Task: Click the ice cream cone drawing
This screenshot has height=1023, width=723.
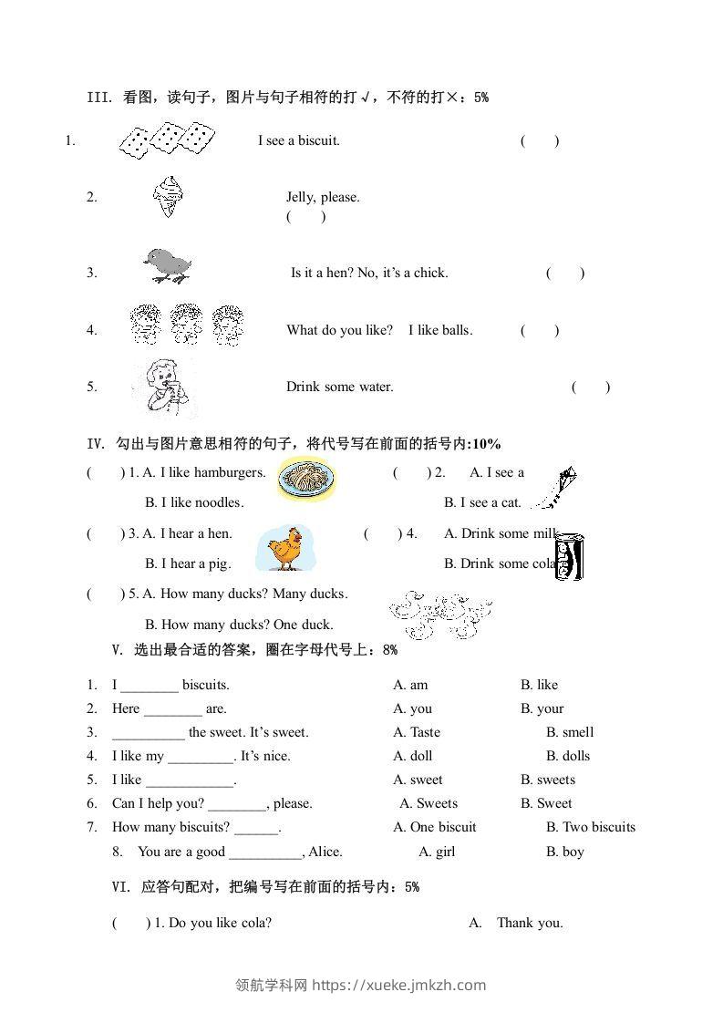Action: click(169, 196)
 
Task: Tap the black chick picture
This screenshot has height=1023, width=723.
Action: click(167, 265)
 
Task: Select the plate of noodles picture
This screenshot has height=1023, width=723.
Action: click(306, 480)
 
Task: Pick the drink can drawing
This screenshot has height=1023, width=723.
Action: click(570, 556)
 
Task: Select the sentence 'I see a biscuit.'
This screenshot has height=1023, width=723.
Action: click(299, 140)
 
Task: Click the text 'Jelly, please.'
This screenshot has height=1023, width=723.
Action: click(323, 197)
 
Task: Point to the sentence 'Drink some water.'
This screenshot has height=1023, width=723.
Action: click(340, 387)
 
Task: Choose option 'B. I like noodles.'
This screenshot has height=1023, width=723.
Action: click(194, 502)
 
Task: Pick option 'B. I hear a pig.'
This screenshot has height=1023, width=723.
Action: click(188, 563)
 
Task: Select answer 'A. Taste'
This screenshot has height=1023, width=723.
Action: click(417, 732)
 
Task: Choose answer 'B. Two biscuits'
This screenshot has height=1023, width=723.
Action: click(591, 827)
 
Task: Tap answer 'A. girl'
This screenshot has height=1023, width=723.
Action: click(437, 852)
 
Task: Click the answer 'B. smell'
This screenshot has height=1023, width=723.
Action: click(570, 732)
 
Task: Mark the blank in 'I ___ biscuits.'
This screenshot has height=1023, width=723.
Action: click(149, 686)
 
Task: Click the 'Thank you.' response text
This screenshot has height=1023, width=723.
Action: click(530, 923)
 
